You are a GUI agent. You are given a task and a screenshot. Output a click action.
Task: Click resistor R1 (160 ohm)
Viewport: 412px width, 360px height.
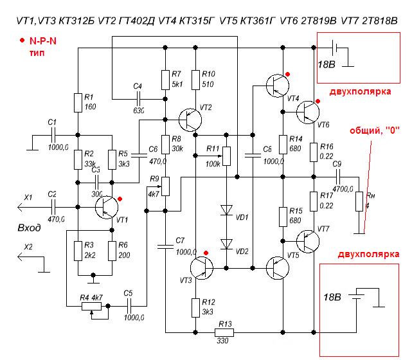[78, 102]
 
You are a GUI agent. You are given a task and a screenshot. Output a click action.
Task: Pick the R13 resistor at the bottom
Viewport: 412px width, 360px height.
[225, 332]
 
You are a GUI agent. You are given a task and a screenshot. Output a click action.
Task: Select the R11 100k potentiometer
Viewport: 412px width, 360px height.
[226, 156]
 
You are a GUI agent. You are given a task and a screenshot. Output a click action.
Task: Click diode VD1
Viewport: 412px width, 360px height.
[226, 210]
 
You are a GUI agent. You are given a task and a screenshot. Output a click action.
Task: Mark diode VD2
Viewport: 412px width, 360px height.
[226, 244]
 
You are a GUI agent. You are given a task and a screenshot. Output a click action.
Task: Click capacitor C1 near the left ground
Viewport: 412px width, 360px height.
[53, 134]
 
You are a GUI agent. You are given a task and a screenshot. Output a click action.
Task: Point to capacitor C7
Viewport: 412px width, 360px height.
[166, 244]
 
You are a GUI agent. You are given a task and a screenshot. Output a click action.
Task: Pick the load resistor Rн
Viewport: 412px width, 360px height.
[360, 201]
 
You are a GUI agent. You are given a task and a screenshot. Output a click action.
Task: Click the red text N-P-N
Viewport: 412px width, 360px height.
[44, 40]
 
